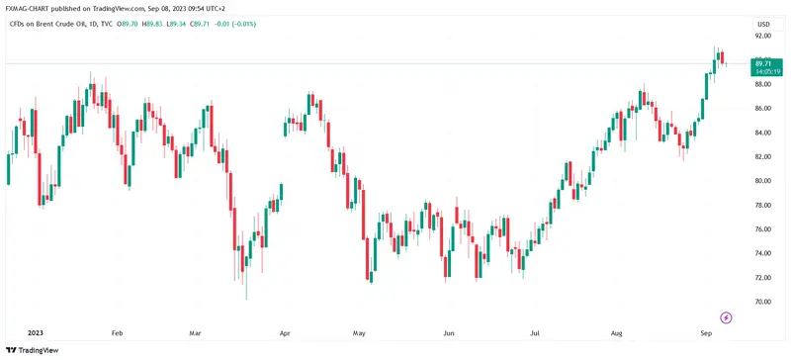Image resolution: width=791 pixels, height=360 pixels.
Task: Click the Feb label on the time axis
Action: pos(118,333)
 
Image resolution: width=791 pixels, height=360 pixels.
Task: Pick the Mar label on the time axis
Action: pos(195,333)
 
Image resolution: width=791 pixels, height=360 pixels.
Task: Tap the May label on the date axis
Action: pos(360,333)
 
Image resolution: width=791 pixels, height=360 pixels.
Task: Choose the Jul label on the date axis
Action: pos(534,333)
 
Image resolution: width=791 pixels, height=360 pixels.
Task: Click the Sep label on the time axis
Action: pos(706,333)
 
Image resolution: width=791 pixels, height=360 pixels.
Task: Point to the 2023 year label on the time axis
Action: pos(37,333)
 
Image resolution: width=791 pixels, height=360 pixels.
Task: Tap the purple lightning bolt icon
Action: pos(727,317)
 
